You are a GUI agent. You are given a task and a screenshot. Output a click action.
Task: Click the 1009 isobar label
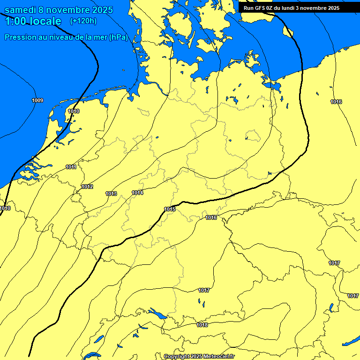click(37, 101)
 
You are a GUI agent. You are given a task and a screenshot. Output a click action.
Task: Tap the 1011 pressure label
click(71, 167)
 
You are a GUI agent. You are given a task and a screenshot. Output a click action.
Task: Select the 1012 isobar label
click(87, 187)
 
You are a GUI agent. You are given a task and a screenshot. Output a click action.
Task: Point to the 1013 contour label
click(111, 194)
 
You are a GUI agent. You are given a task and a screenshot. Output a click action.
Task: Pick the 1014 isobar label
click(137, 193)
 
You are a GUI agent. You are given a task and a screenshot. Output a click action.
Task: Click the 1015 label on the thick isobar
click(170, 209)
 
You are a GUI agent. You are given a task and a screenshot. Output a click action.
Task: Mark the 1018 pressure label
click(202, 325)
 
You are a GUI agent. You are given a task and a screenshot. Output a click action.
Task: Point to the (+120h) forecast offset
click(83, 21)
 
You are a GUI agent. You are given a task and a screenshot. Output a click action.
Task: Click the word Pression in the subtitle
click(20, 37)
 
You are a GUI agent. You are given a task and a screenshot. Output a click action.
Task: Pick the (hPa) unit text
click(118, 37)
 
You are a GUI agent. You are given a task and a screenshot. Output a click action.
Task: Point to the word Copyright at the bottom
click(176, 356)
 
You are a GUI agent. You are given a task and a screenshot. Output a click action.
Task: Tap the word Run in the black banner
click(249, 8)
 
